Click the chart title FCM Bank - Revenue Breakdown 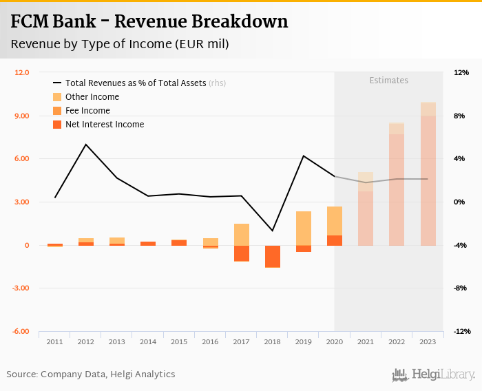pyautogui.click(x=149, y=22)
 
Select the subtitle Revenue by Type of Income pyautogui.click(x=119, y=44)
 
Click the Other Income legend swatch pyautogui.click(x=58, y=97)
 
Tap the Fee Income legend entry pyautogui.click(x=87, y=111)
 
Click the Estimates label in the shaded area pyautogui.click(x=388, y=81)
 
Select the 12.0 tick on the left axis pyautogui.click(x=21, y=72)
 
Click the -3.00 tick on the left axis pyautogui.click(x=21, y=288)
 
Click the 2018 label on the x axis pyautogui.click(x=273, y=341)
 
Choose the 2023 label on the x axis pyautogui.click(x=428, y=341)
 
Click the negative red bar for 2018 pyautogui.click(x=273, y=256)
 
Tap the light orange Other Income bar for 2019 pyautogui.click(x=304, y=228)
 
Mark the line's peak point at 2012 pyautogui.click(x=86, y=145)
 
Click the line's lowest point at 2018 pyautogui.click(x=273, y=231)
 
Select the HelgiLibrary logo pyautogui.click(x=433, y=375)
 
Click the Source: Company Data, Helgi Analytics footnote pyautogui.click(x=91, y=374)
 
